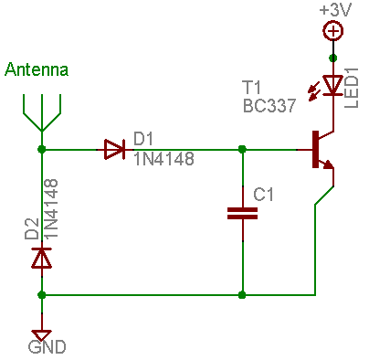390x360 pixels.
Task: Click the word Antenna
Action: (x=37, y=70)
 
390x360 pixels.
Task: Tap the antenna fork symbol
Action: (x=41, y=115)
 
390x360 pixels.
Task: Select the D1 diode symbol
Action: (x=114, y=149)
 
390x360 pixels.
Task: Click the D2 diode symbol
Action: (x=41, y=259)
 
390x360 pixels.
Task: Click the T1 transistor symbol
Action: (x=321, y=152)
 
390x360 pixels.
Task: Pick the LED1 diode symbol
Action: (x=333, y=85)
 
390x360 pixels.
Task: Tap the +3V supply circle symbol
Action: (x=333, y=31)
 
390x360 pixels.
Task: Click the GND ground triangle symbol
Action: (x=41, y=334)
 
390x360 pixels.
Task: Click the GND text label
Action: (x=47, y=348)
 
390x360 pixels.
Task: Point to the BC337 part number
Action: (x=269, y=105)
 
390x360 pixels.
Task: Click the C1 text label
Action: (x=264, y=195)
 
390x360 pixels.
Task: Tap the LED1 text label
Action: (x=353, y=86)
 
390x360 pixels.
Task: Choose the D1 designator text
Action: (x=144, y=138)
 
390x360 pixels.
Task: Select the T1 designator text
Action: (x=254, y=88)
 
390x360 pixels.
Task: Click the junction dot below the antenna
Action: (x=41, y=149)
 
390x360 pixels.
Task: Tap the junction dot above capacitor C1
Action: (x=242, y=149)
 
